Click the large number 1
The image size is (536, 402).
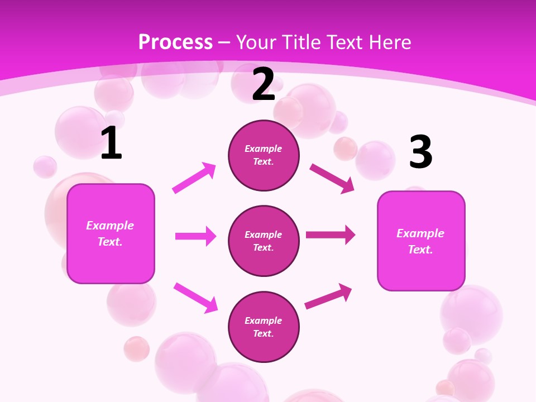pyautogui.click(x=111, y=143)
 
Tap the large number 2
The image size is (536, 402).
pyautogui.click(x=264, y=85)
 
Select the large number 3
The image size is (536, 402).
pyautogui.click(x=420, y=152)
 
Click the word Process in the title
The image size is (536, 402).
pyautogui.click(x=175, y=42)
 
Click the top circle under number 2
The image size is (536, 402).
pyautogui.click(x=264, y=155)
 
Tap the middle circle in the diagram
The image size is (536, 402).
pyautogui.click(x=264, y=241)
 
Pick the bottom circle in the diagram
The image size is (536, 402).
pyautogui.click(x=264, y=327)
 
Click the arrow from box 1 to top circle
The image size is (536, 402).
pyautogui.click(x=194, y=178)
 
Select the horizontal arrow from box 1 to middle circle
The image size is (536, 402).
pyautogui.click(x=195, y=236)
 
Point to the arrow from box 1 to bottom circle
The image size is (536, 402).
pyautogui.click(x=195, y=298)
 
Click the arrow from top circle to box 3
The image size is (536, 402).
pyautogui.click(x=332, y=178)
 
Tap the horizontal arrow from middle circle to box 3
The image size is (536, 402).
pyautogui.click(x=331, y=234)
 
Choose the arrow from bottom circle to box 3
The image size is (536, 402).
pyautogui.click(x=328, y=296)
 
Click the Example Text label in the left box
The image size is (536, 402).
pyautogui.click(x=110, y=233)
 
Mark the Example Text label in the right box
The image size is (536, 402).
pyautogui.click(x=420, y=241)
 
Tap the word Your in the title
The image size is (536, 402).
pyautogui.click(x=255, y=42)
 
